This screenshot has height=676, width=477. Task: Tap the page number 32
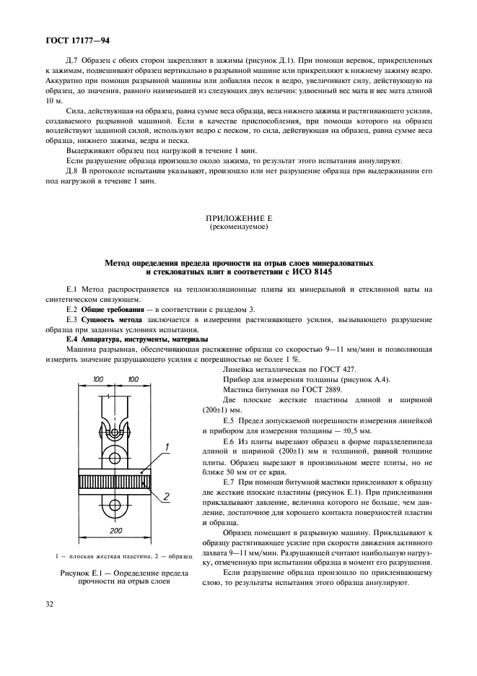point(51,618)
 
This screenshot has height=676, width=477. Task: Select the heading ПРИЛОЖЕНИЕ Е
point(237,217)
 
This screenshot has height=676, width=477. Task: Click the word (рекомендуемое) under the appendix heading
point(237,227)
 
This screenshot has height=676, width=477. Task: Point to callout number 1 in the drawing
point(167,448)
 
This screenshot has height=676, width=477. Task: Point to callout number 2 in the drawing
point(167,496)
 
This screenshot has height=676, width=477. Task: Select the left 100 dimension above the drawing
point(97,378)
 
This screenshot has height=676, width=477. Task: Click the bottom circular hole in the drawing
point(115,503)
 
